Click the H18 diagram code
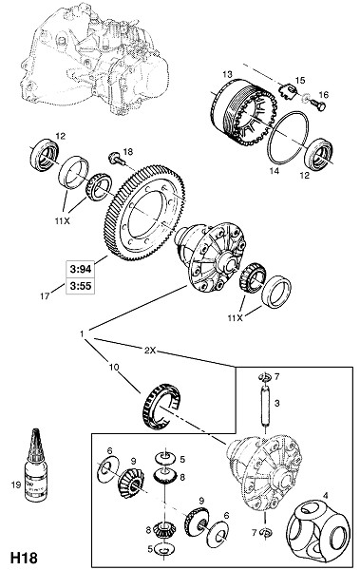[24, 558]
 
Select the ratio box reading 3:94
[81, 270]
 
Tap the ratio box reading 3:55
[81, 286]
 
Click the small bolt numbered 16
[318, 104]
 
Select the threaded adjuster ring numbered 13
[243, 113]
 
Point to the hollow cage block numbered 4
[319, 528]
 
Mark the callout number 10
[114, 367]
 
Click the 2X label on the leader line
[150, 350]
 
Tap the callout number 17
[45, 296]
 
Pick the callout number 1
[83, 333]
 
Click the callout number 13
[227, 74]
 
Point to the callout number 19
[16, 484]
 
